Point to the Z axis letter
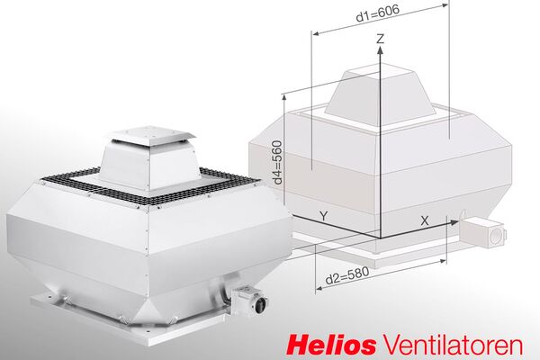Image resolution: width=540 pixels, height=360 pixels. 381,40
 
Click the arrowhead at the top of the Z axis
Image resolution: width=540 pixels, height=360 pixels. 381,52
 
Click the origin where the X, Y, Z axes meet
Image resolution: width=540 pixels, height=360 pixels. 381,236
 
